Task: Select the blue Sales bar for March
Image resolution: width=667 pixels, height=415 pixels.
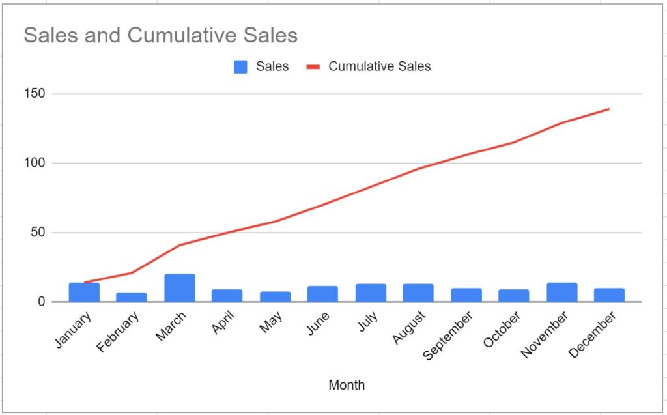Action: click(x=180, y=288)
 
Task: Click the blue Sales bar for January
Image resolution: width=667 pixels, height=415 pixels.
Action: click(x=84, y=292)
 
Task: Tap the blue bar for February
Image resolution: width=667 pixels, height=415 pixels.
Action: click(x=132, y=297)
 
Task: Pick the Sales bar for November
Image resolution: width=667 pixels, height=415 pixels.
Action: click(x=561, y=292)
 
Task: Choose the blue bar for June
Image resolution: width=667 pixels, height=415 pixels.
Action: click(x=322, y=294)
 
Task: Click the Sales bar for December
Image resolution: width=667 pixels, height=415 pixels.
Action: click(x=609, y=294)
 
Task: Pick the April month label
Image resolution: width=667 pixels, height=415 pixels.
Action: click(x=223, y=323)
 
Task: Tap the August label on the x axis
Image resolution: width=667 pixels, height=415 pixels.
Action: click(x=408, y=328)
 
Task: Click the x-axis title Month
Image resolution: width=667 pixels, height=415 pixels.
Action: click(x=347, y=385)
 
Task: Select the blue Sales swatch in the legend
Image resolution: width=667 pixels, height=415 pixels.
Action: click(x=241, y=66)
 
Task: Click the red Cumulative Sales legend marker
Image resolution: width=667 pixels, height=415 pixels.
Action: click(x=313, y=66)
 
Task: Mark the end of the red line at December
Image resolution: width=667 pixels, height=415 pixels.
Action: click(x=609, y=109)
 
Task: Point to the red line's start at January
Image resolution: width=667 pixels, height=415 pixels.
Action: click(x=85, y=283)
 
